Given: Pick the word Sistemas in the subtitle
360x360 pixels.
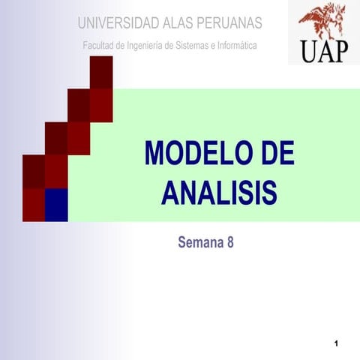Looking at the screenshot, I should pos(199,46).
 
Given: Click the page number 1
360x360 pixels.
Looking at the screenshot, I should pos(338,343).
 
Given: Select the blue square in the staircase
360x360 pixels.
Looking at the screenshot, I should pos(56,205).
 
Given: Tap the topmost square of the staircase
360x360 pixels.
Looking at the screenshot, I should pos(101,72).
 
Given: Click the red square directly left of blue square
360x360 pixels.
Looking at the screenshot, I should pos(34,205).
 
